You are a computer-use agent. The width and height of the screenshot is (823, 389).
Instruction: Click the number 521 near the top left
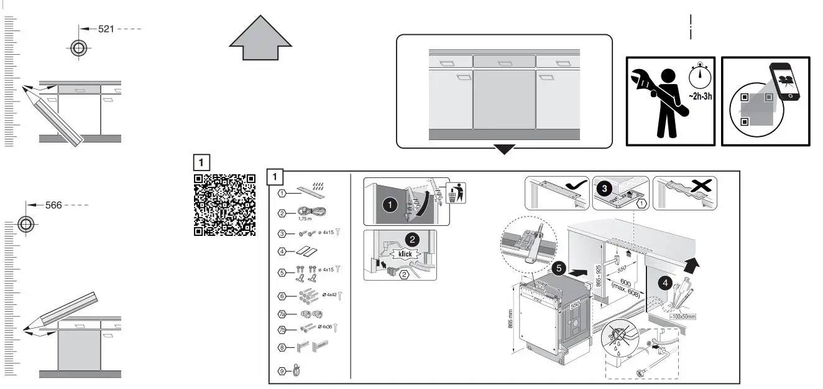[106, 29]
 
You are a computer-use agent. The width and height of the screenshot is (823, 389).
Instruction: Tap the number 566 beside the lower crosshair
[53, 205]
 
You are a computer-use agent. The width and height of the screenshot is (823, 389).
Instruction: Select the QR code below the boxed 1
[225, 205]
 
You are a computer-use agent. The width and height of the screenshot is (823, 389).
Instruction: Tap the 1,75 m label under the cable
[305, 218]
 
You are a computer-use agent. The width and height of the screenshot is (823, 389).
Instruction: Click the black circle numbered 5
[559, 268]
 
